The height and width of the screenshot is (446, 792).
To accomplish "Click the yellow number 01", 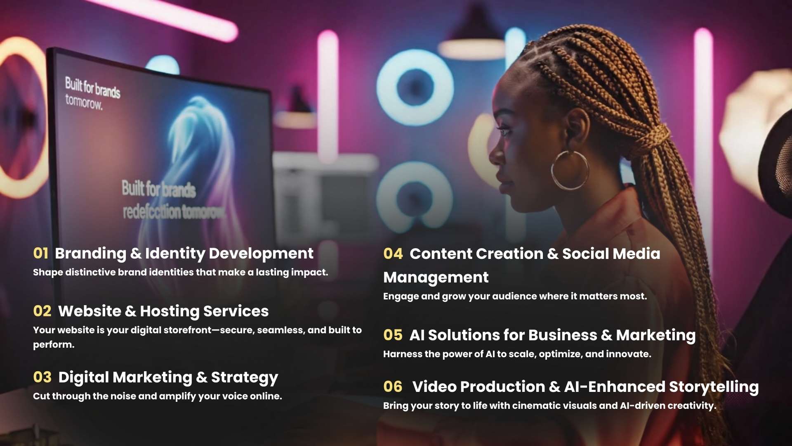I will coord(40,253).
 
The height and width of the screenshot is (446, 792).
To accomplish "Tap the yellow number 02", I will coord(42,311).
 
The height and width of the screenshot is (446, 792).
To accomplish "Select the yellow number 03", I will coord(42,377).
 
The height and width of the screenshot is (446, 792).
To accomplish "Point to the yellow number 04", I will coord(393,254).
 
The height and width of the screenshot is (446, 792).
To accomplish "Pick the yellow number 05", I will coord(393,335).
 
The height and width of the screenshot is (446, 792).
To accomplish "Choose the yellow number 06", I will coord(393,387).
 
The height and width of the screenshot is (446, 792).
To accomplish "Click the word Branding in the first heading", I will coord(91,254).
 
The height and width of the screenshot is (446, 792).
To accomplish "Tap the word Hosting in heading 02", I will coord(170,311).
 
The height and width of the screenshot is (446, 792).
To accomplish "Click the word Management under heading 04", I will coord(436,278).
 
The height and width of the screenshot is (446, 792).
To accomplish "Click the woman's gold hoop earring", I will coord(570,170).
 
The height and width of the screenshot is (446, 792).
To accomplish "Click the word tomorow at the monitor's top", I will coord(84,102).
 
